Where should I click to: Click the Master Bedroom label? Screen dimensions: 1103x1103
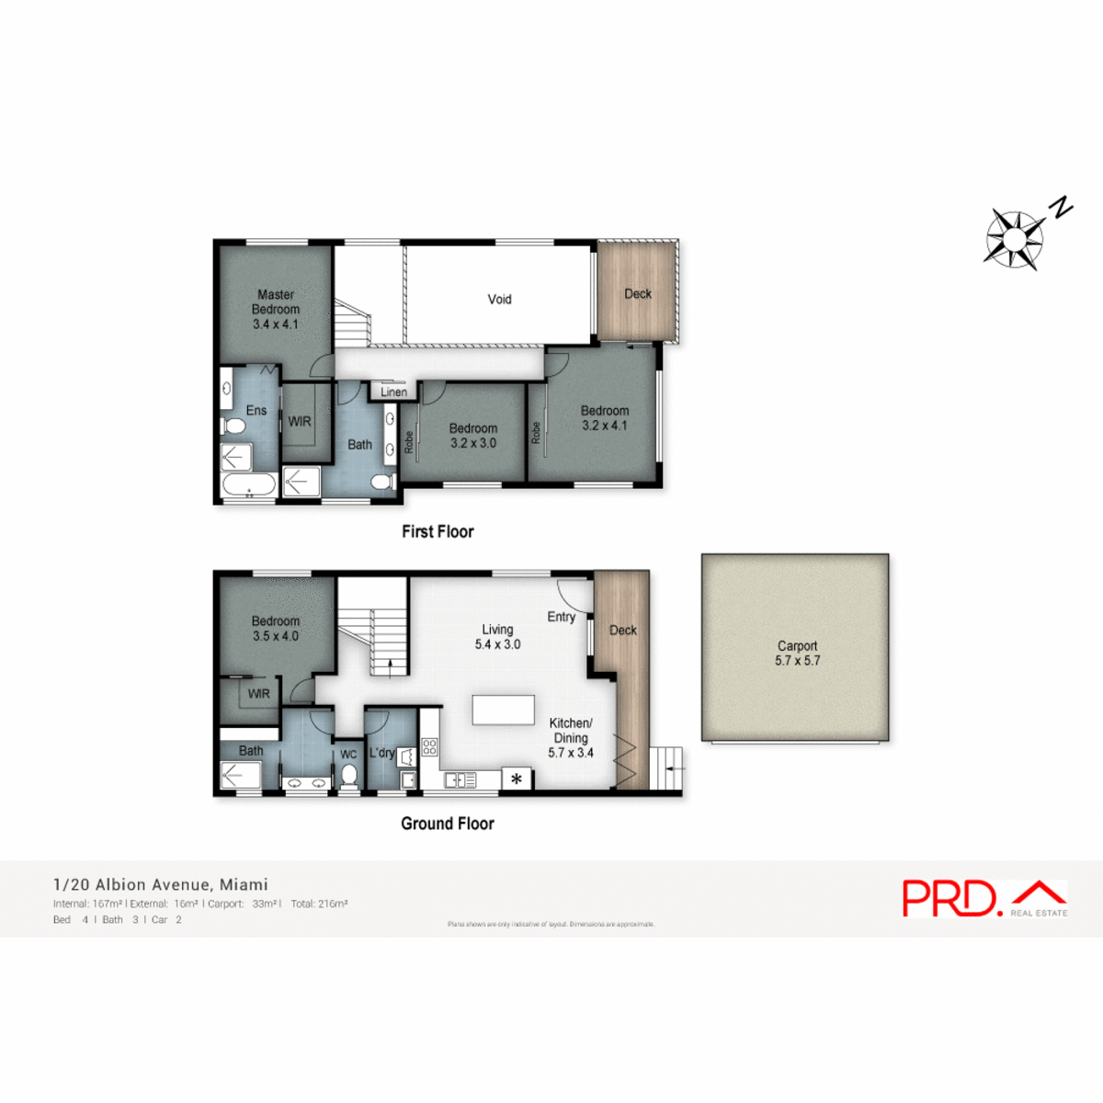[x=276, y=309]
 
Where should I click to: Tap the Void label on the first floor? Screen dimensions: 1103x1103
[x=499, y=299]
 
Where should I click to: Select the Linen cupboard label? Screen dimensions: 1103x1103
[x=393, y=392]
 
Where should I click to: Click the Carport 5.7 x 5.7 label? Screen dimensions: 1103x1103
[x=797, y=653]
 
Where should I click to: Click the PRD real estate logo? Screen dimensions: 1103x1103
[x=984, y=898]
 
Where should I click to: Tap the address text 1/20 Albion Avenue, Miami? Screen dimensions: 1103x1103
[x=161, y=884]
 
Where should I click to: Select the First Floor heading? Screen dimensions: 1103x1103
[x=438, y=531]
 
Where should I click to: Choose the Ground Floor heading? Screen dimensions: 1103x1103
[x=448, y=824]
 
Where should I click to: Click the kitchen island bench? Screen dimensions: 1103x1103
[x=503, y=711]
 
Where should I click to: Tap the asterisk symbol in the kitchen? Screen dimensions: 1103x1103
[x=517, y=779]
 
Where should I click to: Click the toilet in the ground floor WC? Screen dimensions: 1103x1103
[x=348, y=776]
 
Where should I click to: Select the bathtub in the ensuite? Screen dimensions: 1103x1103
[x=248, y=485]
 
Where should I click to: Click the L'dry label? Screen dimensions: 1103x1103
[x=381, y=753]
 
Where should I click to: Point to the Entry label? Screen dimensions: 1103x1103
[x=561, y=617]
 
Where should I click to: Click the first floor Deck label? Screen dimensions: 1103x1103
[x=638, y=294]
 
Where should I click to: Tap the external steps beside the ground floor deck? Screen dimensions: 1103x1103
[x=667, y=768]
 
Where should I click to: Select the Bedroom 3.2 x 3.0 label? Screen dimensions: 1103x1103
[x=473, y=436]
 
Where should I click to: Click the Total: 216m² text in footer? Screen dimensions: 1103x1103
[x=319, y=904]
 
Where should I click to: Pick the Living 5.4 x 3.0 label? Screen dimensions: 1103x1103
[x=497, y=637]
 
